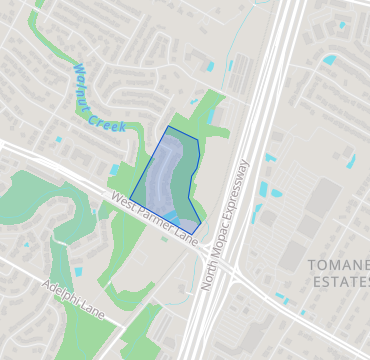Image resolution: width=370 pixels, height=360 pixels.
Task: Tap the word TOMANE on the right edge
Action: tap(339, 265)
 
